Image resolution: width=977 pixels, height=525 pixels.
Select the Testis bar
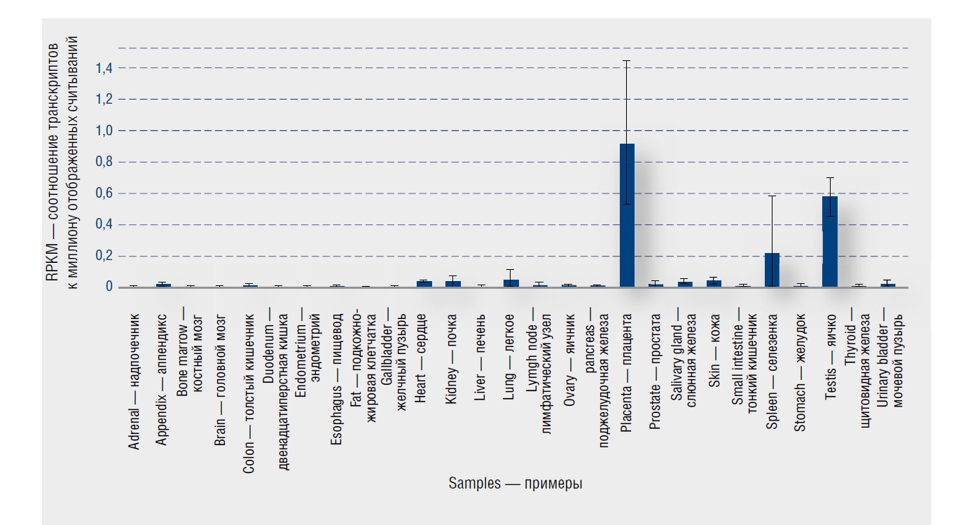pos(830,241)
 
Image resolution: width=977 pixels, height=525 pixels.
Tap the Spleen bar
pos(772,270)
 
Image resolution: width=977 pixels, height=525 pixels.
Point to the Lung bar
pos(511,283)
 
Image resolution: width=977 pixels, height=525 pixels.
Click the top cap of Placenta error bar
pos(627,61)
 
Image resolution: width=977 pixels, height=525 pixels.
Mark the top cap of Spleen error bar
pos(772,196)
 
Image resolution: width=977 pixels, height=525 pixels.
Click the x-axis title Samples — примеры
pos(516,484)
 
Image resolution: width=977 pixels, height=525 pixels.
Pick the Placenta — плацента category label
pos(627,360)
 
